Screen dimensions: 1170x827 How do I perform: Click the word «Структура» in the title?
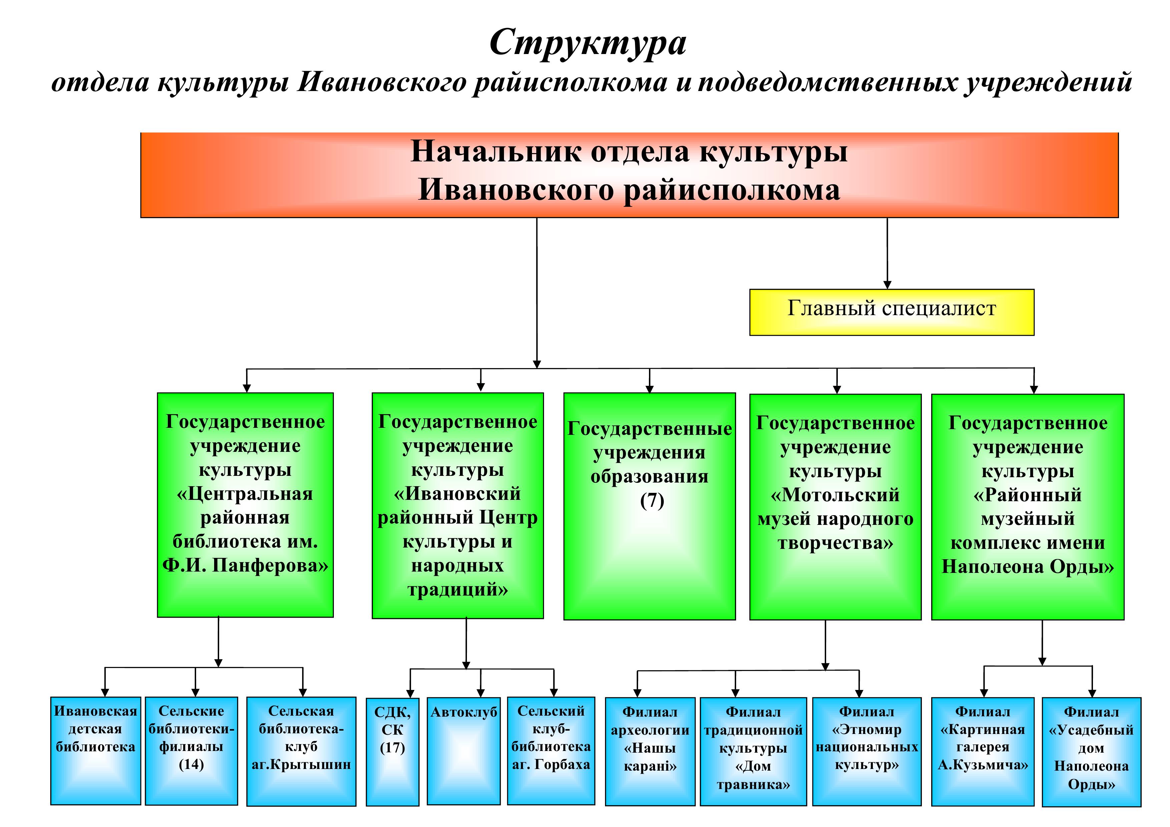pos(588,43)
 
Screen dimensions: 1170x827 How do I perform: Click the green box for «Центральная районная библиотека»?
pos(245,505)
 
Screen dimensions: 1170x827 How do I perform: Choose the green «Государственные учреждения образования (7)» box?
pos(649,506)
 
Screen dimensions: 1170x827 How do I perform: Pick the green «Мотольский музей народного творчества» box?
pos(835,507)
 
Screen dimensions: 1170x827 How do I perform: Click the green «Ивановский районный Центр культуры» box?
pos(458,506)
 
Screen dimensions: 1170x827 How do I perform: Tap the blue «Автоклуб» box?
pos(464,751)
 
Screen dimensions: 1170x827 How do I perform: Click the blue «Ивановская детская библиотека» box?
pos(96,751)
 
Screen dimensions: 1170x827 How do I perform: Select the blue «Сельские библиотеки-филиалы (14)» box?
pos(191,751)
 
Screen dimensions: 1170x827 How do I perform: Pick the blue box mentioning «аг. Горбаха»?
pos(551,751)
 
